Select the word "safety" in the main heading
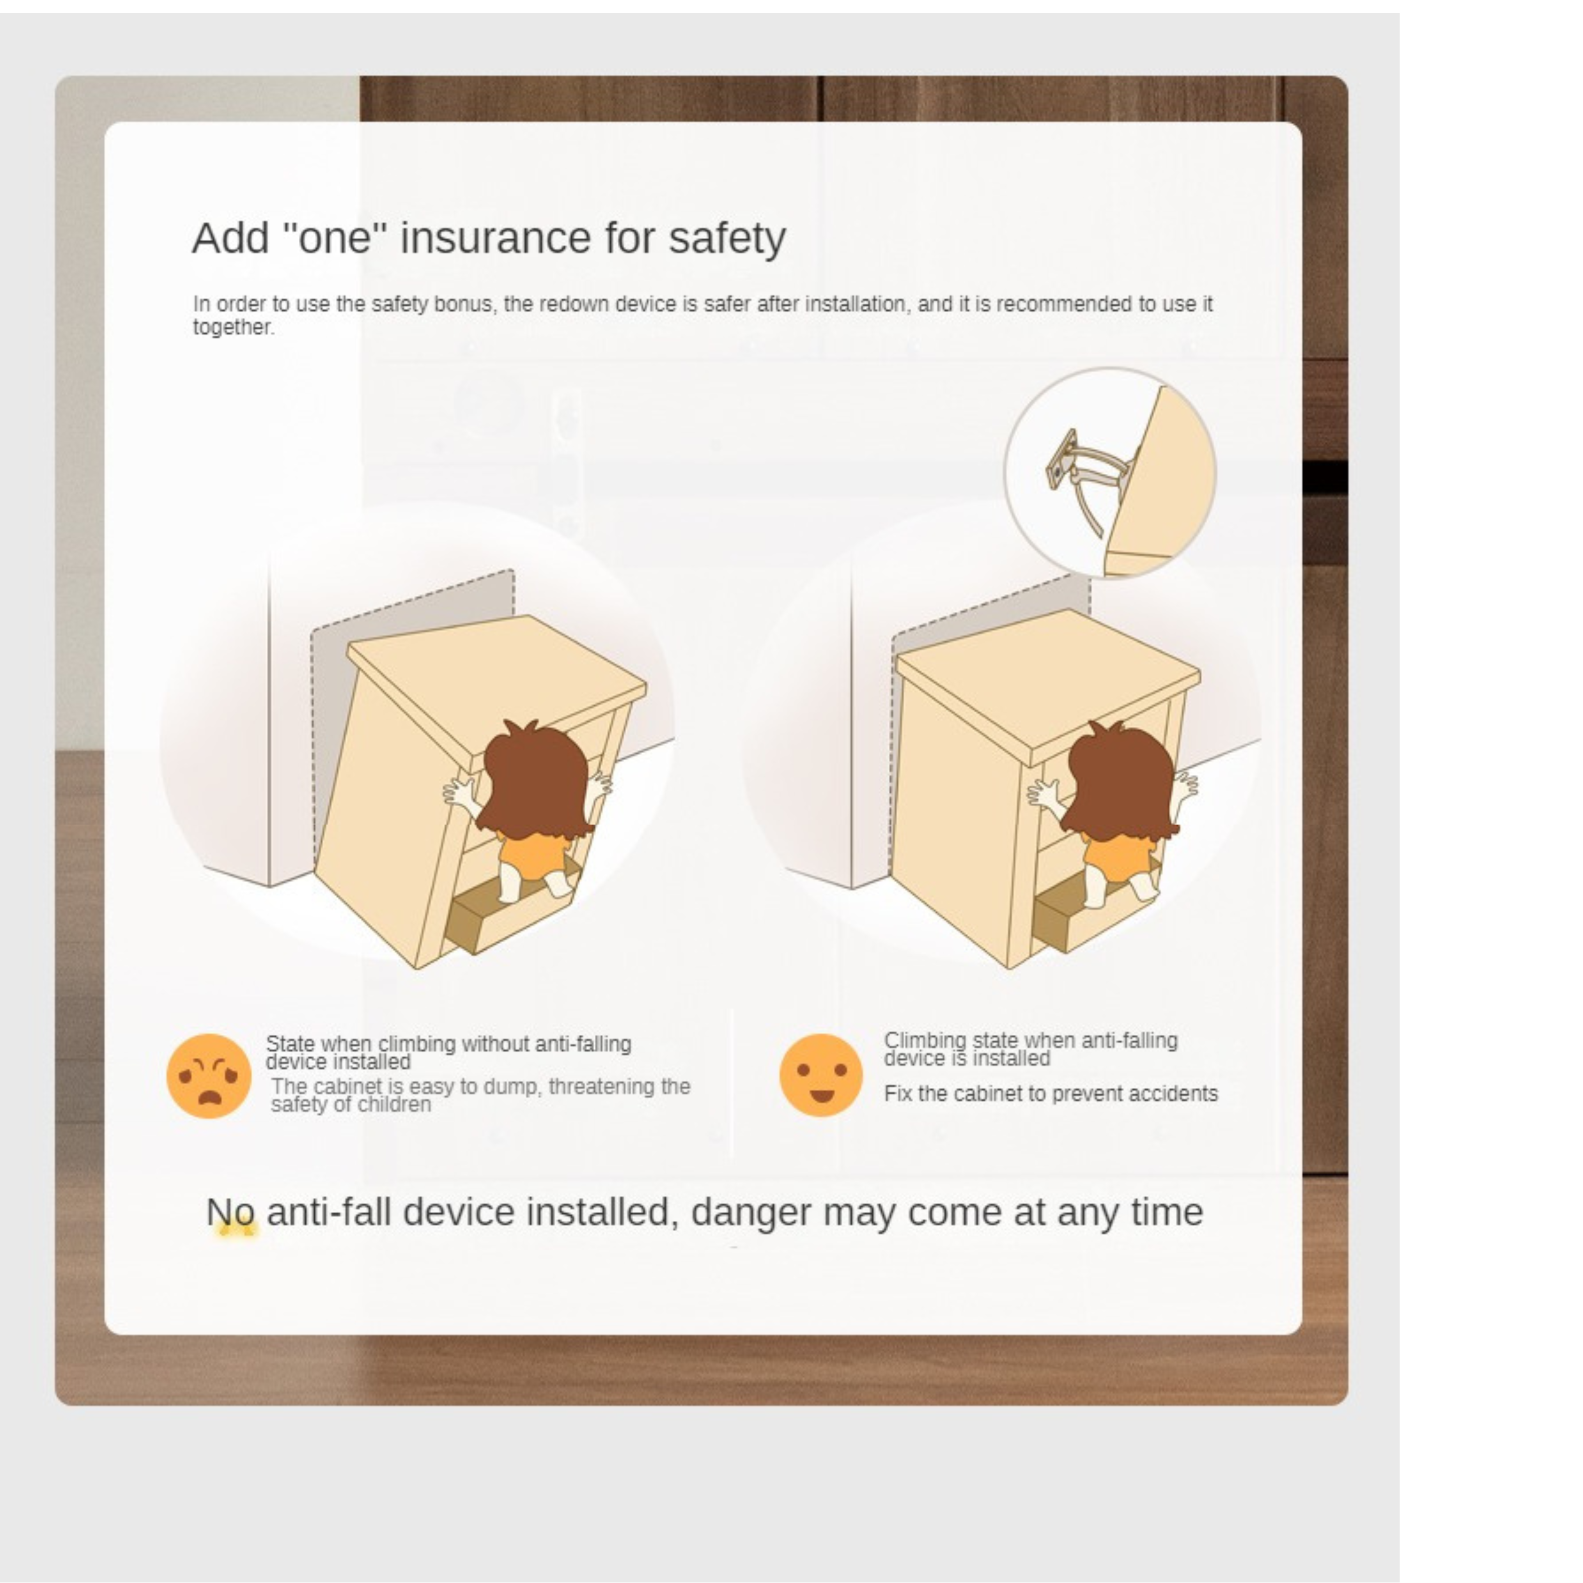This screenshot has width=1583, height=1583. (x=727, y=239)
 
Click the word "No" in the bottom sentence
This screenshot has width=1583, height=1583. (x=230, y=1212)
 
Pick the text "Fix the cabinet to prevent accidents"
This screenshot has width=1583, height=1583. (x=1051, y=1094)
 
